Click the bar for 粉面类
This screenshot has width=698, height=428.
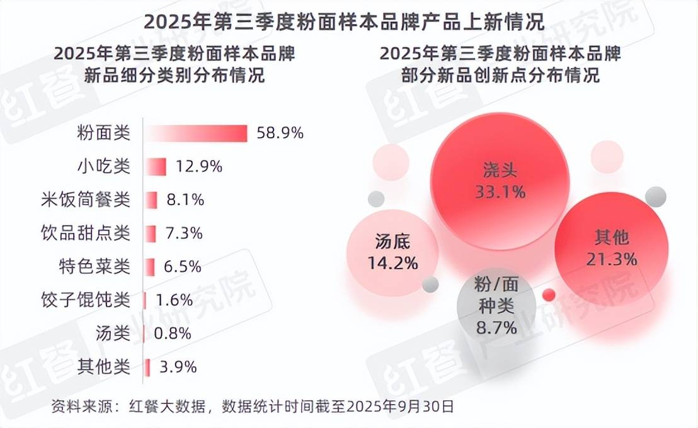197,133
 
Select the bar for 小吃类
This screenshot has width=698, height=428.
156,167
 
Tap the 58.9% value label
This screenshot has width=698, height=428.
280,133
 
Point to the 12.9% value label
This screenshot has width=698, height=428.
199,167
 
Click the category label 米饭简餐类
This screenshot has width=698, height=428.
84,200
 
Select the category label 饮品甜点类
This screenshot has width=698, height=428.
84,234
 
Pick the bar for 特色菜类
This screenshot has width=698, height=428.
150,267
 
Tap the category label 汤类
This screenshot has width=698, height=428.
112,334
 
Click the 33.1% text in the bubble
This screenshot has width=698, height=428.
500,192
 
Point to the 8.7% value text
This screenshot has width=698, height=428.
496,327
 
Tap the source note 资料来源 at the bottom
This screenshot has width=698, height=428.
252,406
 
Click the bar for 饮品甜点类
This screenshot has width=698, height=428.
151,234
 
